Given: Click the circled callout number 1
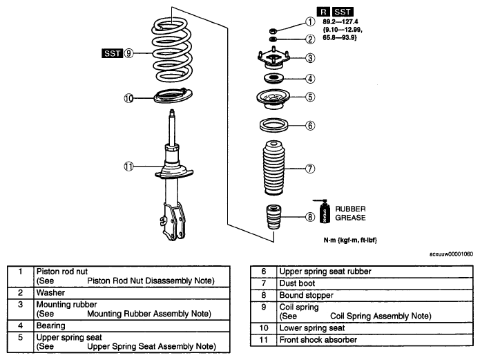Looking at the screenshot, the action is (x=310, y=21).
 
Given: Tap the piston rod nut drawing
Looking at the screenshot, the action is (x=273, y=30).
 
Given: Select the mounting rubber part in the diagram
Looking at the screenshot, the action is (x=273, y=58).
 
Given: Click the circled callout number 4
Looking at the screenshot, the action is (x=310, y=79).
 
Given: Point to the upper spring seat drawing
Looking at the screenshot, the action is (x=273, y=99).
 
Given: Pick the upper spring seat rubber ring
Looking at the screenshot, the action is (x=273, y=125).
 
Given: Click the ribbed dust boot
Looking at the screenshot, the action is (x=273, y=168).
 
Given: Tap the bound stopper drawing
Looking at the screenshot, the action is (x=273, y=217).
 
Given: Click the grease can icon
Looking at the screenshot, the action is (x=324, y=211).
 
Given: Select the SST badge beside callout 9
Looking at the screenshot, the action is (x=112, y=53).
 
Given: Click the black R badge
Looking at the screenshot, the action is (x=323, y=12).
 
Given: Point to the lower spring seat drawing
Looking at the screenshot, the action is (x=173, y=95).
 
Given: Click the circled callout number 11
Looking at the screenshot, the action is (x=128, y=167).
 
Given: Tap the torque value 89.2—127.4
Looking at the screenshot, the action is (x=340, y=21).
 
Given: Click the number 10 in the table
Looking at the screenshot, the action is (x=264, y=328).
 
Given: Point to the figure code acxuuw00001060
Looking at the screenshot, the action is (x=451, y=254).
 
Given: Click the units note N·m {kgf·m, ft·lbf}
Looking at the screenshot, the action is (x=350, y=240).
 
